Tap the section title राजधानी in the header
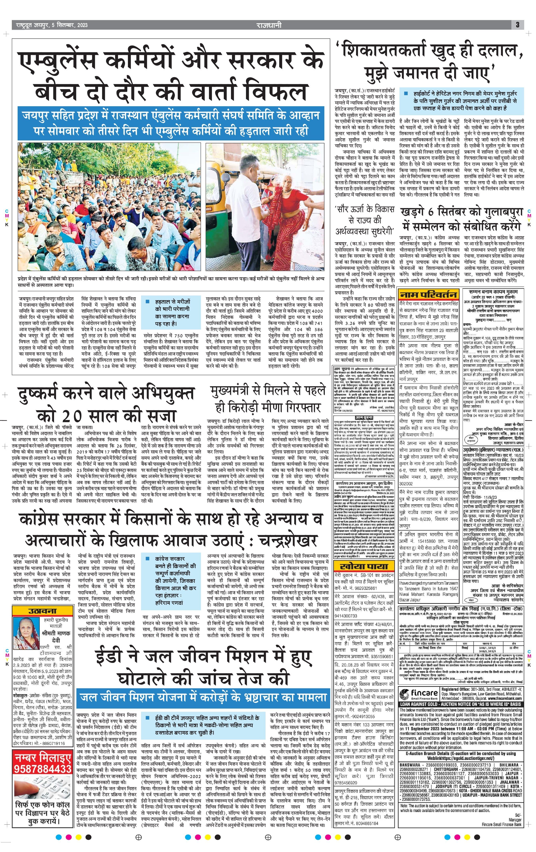(x=269, y=25)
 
